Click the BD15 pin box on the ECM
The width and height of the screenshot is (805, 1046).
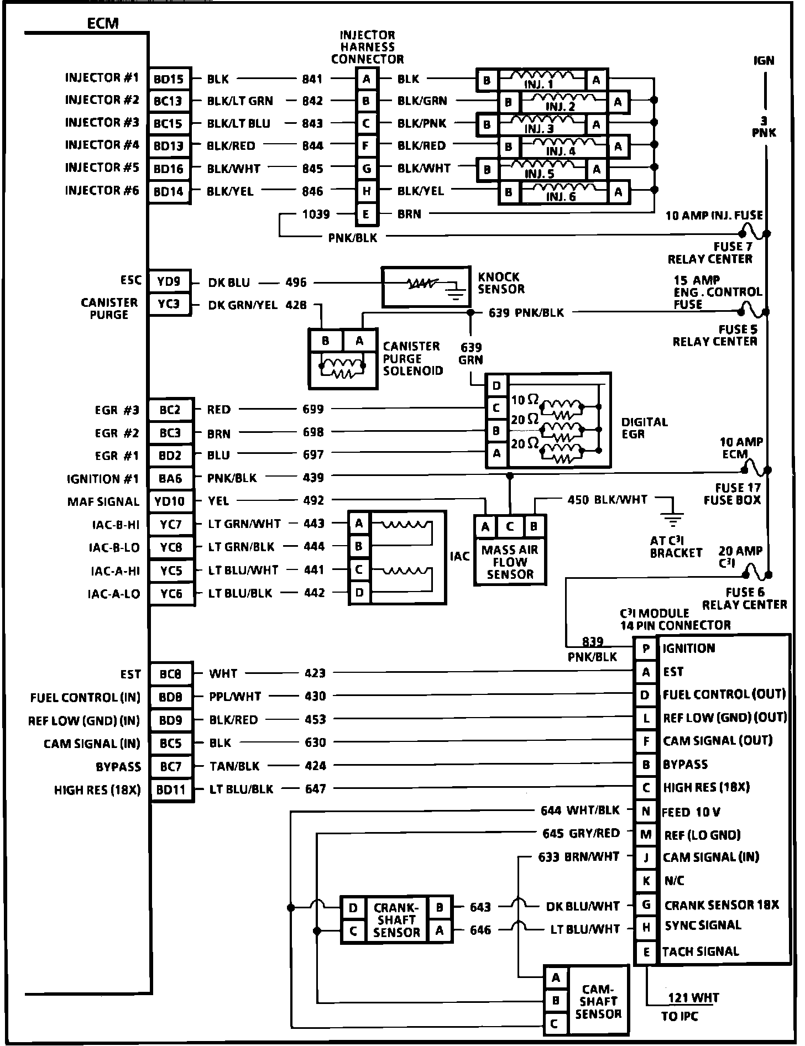click(x=169, y=79)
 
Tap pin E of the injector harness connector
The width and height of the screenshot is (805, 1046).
click(x=367, y=214)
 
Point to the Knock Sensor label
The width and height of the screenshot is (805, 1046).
click(x=500, y=283)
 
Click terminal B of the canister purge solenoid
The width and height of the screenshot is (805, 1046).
click(x=326, y=341)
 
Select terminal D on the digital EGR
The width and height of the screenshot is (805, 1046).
click(x=496, y=385)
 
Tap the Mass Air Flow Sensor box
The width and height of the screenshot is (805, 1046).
click(x=510, y=562)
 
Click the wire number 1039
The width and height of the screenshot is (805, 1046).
click(x=316, y=214)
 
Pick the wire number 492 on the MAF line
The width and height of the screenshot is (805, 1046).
click(x=313, y=500)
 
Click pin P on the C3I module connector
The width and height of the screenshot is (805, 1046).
click(x=645, y=648)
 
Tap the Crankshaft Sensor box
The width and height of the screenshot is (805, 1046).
click(x=396, y=919)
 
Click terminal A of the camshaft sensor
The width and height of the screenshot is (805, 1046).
click(x=556, y=977)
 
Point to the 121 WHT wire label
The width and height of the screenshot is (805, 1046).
click(x=693, y=998)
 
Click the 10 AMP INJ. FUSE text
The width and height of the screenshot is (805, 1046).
click(x=714, y=215)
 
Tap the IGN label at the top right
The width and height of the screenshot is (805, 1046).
click(x=764, y=60)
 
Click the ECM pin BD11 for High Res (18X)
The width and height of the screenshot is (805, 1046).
click(x=171, y=789)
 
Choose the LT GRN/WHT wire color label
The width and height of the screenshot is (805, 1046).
click(x=244, y=523)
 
